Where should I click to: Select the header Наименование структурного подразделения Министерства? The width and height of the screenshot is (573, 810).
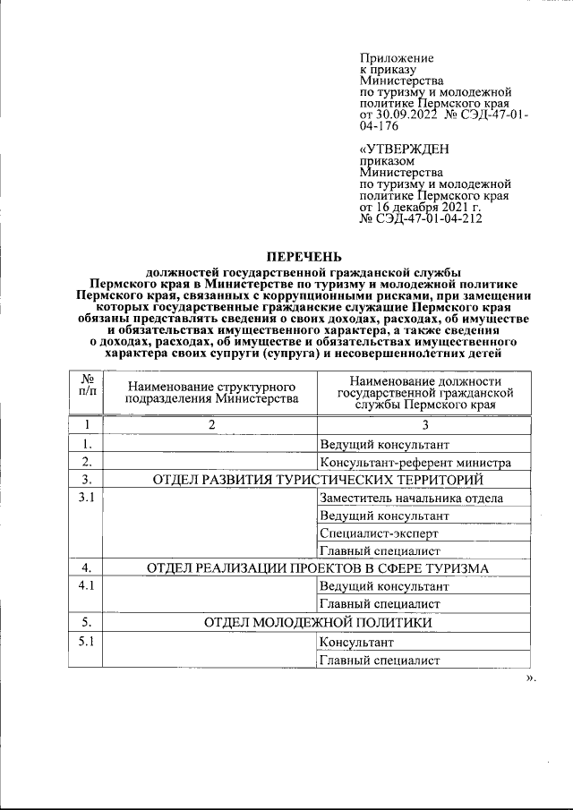click(x=212, y=391)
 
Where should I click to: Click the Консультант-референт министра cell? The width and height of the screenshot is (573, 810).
click(x=415, y=463)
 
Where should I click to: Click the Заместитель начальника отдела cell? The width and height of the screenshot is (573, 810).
click(x=411, y=499)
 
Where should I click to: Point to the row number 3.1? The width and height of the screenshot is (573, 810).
click(x=87, y=499)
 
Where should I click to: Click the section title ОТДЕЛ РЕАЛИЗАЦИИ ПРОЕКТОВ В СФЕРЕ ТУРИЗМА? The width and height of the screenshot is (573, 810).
click(x=318, y=568)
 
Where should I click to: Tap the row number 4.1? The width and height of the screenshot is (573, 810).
click(x=87, y=586)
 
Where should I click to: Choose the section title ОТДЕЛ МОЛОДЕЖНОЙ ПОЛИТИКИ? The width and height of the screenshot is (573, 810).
click(x=318, y=621)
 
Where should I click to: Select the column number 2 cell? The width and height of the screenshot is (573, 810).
click(x=212, y=425)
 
